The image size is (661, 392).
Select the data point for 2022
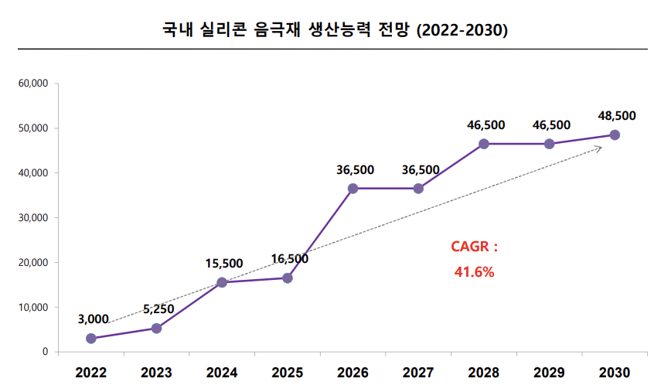(91, 339)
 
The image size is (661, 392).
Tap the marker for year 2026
(353, 189)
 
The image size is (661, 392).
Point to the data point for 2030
(615, 135)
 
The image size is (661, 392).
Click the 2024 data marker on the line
(222, 282)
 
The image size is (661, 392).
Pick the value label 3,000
(93, 319)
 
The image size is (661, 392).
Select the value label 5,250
(158, 309)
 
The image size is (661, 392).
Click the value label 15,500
(224, 264)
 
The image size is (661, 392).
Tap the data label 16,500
(290, 259)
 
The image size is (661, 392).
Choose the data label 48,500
(617, 116)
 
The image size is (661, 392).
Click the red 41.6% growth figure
(473, 272)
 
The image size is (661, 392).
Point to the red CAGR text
(474, 247)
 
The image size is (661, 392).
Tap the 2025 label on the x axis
(288, 373)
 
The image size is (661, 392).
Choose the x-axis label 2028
(484, 373)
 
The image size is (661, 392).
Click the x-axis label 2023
(156, 373)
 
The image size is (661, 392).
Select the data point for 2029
(549, 144)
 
